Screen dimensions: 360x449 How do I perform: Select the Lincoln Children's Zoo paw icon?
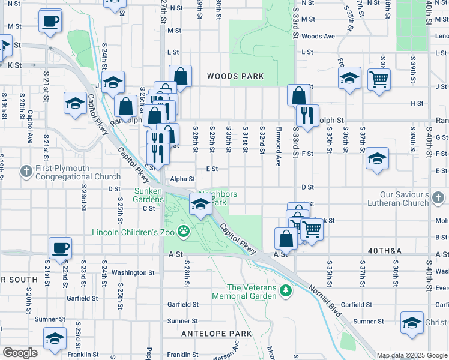tap(184, 231)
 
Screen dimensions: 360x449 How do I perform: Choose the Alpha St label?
tap(183, 179)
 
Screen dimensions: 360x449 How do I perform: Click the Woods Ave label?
tap(318, 36)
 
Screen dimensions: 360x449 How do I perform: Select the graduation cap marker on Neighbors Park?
tap(200, 205)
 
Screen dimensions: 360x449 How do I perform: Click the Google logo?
tap(20, 353)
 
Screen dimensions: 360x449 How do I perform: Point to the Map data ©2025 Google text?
tap(412, 355)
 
